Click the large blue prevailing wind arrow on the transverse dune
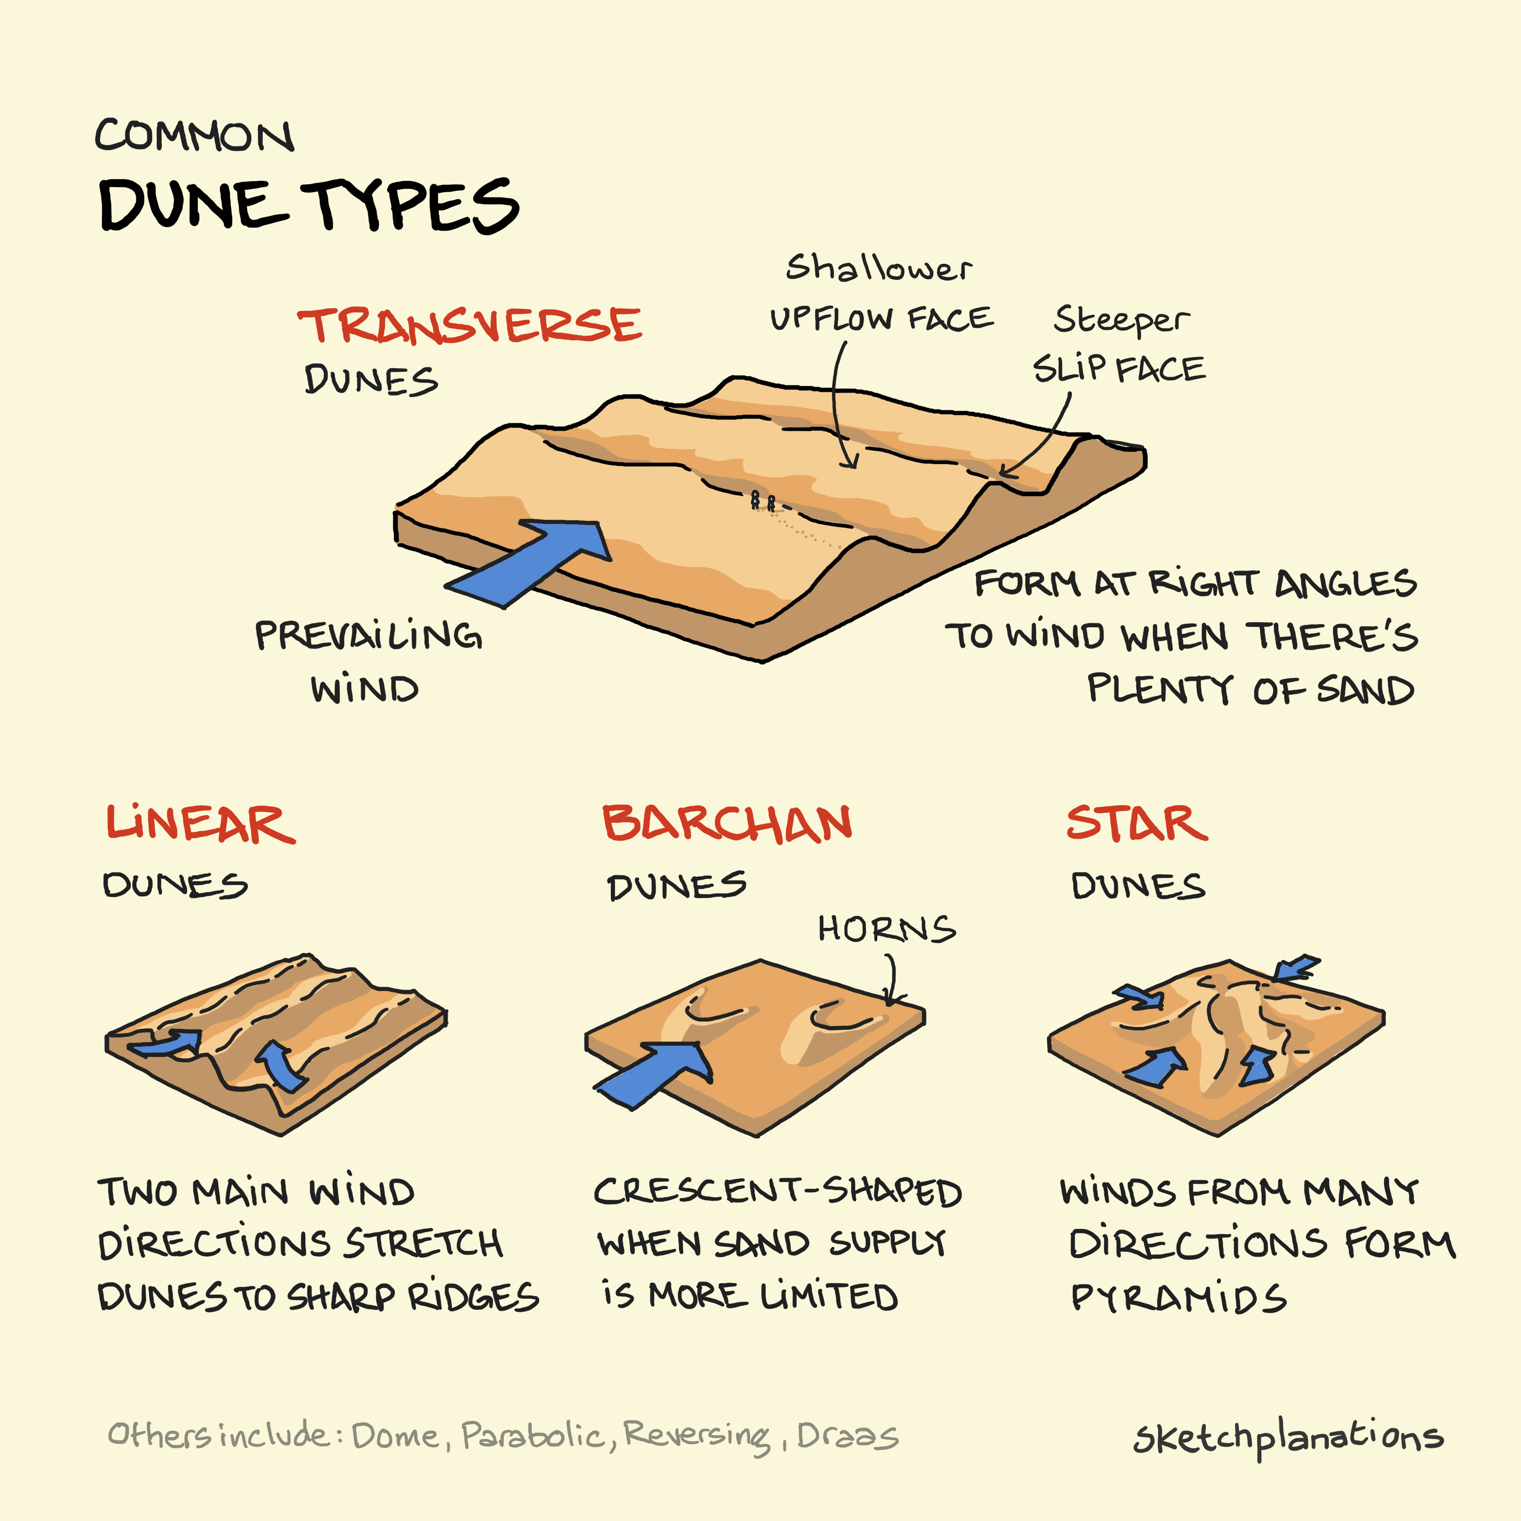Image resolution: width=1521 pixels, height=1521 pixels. point(535,561)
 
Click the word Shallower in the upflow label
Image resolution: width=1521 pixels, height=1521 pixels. point(879,269)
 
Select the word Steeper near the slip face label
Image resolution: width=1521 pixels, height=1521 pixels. point(1121,320)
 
